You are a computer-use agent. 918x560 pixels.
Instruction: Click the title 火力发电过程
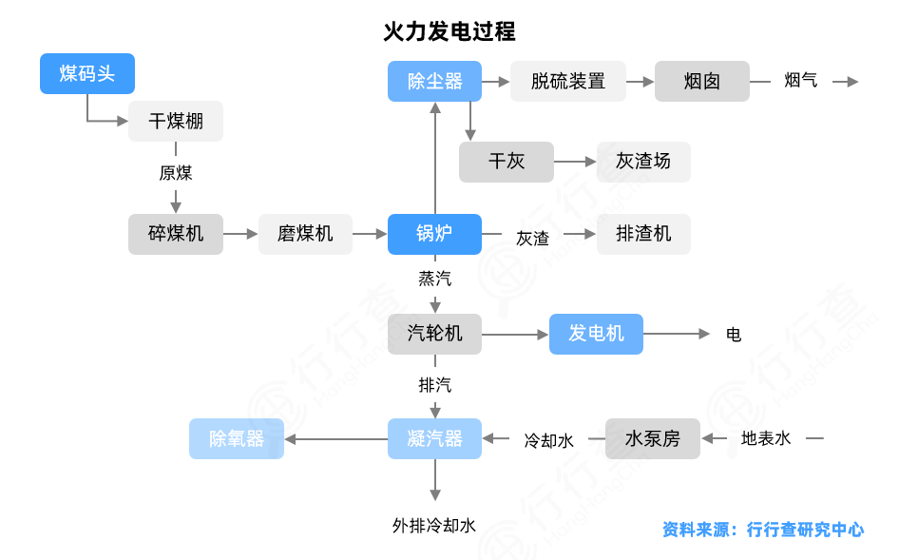(x=449, y=31)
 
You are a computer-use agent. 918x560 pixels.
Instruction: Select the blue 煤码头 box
(x=87, y=73)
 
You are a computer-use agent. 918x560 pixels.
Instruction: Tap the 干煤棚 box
(x=176, y=122)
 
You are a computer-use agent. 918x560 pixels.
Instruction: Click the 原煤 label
(x=176, y=173)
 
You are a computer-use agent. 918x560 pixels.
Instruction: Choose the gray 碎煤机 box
(x=176, y=234)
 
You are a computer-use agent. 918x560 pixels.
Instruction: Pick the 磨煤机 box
(x=305, y=234)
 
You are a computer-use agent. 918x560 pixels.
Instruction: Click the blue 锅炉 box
(x=434, y=234)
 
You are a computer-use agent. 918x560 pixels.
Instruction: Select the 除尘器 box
(x=434, y=82)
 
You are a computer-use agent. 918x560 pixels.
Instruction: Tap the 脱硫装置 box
(x=568, y=82)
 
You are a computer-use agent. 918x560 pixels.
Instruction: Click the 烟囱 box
(x=702, y=82)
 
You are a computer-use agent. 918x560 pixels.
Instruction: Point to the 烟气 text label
(x=801, y=82)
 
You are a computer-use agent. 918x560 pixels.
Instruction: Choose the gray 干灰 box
(x=507, y=162)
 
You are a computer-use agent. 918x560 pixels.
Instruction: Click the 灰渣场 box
(x=643, y=162)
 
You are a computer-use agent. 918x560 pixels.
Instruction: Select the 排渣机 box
(x=643, y=234)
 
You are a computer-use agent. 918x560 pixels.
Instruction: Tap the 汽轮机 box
(x=434, y=334)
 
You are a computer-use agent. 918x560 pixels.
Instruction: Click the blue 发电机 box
(x=596, y=334)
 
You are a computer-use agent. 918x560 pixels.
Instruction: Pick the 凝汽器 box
(x=434, y=438)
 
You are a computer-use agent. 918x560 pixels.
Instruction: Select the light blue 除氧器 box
(x=237, y=438)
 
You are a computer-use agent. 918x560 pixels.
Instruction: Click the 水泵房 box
(x=653, y=438)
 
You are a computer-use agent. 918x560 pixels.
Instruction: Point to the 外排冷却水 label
(x=434, y=525)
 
